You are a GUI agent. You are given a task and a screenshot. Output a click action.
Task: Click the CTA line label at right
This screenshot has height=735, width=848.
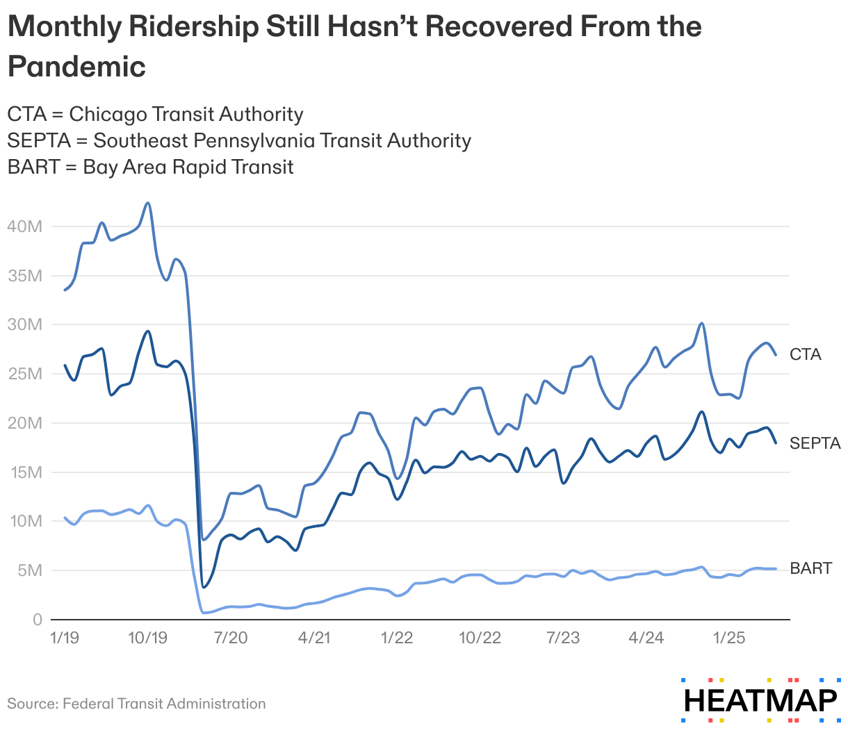click(805, 354)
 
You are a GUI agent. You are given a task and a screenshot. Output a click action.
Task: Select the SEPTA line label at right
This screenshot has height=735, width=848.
click(815, 443)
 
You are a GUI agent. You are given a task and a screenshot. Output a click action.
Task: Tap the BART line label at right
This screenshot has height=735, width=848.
click(810, 568)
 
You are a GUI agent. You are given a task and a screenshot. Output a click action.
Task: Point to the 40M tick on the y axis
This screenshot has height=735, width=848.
click(25, 226)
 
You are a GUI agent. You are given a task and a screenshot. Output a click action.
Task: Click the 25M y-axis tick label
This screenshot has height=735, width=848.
click(25, 374)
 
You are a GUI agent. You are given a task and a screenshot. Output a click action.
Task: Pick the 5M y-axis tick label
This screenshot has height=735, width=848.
click(29, 570)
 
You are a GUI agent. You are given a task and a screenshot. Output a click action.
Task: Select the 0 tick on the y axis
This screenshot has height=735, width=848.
click(38, 620)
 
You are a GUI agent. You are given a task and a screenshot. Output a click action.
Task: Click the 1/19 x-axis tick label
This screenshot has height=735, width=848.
click(65, 638)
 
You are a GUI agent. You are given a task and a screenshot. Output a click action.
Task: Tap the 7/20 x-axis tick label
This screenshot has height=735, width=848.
click(231, 638)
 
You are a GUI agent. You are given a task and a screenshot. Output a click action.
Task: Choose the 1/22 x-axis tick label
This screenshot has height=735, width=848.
click(397, 638)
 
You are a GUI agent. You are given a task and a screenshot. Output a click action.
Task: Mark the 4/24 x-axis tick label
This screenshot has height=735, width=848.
click(646, 638)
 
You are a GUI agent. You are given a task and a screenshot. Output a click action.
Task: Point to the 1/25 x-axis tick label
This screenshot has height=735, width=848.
click(729, 638)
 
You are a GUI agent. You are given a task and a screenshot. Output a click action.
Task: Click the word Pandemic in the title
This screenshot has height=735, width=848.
click(76, 67)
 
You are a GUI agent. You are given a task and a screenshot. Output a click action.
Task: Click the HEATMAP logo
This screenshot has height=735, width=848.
click(760, 700)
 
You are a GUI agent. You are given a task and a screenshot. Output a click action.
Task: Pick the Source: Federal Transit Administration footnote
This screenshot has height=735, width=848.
click(136, 704)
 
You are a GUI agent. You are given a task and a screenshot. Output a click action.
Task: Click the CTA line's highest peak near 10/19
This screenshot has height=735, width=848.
click(147, 203)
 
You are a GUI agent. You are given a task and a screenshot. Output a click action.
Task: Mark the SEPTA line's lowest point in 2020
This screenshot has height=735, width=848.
click(203, 587)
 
